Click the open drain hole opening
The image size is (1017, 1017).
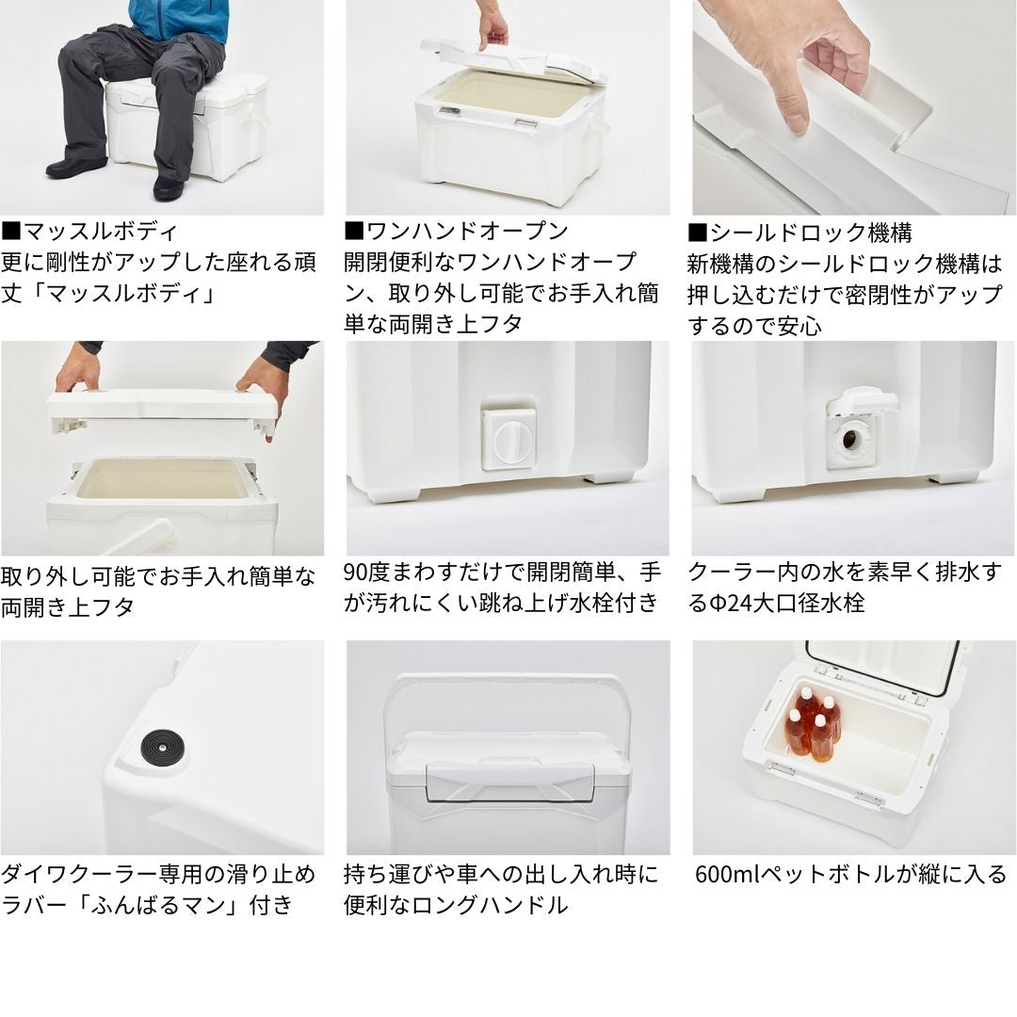click(x=849, y=440)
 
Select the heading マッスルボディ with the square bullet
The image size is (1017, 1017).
click(x=89, y=232)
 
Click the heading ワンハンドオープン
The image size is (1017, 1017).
click(x=457, y=232)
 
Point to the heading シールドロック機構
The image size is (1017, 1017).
click(x=800, y=233)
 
